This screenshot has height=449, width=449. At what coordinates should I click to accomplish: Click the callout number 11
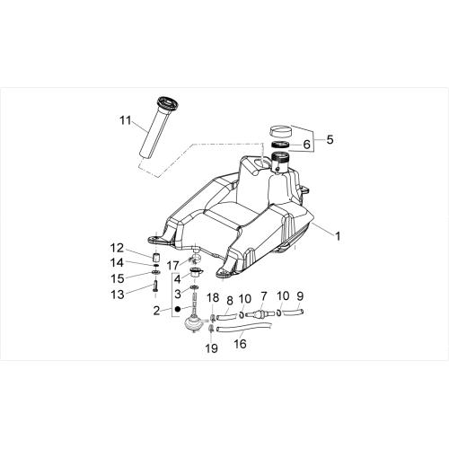click(x=126, y=120)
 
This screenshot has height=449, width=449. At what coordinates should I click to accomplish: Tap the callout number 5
click(x=330, y=139)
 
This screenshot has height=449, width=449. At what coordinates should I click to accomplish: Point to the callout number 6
click(x=307, y=145)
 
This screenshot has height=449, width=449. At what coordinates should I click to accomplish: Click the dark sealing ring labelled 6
click(x=281, y=145)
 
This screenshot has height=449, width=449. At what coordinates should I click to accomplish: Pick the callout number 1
click(x=338, y=236)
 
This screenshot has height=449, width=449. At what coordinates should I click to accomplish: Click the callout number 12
click(x=117, y=248)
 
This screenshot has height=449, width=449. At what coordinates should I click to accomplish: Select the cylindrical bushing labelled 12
click(x=156, y=258)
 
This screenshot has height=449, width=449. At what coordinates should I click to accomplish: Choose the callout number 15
click(x=118, y=278)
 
